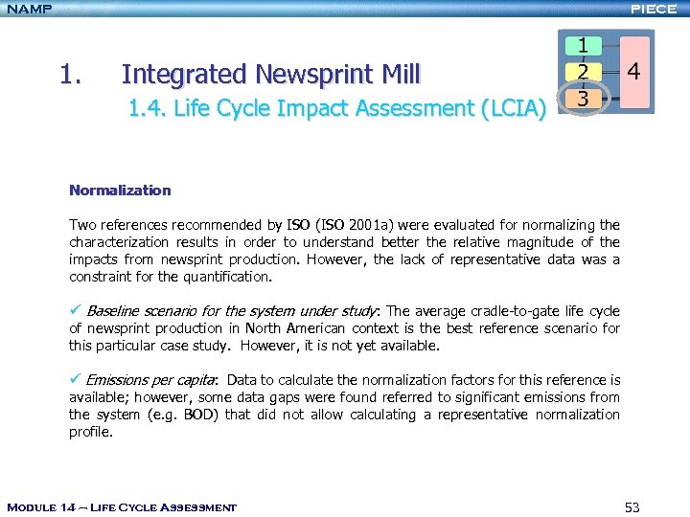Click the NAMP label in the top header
click(28, 10)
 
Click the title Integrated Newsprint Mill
click(270, 74)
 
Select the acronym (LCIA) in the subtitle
click(513, 109)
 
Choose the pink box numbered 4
click(633, 72)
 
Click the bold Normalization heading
click(120, 191)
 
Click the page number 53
click(632, 506)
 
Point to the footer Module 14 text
click(121, 506)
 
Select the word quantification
click(229, 277)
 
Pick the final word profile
click(92, 432)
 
